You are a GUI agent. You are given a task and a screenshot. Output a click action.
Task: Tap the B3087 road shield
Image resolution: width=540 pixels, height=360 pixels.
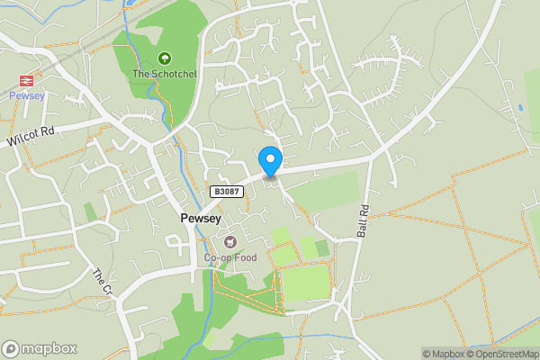pos(226,192)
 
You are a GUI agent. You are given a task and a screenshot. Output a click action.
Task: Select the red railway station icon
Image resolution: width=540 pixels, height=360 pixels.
pos(25,80)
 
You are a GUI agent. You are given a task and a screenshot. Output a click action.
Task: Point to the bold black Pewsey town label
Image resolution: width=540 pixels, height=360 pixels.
pos(194,220)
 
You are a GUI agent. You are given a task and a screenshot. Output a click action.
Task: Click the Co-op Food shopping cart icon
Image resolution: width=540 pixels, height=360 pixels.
pos(230,241)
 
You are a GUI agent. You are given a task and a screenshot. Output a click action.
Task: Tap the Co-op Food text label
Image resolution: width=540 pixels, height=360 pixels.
pos(230,257)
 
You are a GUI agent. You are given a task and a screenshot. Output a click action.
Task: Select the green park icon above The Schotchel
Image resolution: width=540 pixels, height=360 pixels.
pos(164,58)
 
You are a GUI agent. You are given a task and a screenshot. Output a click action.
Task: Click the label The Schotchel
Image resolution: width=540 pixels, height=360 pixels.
pos(164,74)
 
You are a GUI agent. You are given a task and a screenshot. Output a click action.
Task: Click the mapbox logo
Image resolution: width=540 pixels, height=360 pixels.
pos(40,349)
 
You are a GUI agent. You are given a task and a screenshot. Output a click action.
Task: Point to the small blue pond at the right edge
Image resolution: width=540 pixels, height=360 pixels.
pos(520,108)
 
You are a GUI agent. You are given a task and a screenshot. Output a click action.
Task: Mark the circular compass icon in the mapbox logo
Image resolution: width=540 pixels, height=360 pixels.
pos(11,349)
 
